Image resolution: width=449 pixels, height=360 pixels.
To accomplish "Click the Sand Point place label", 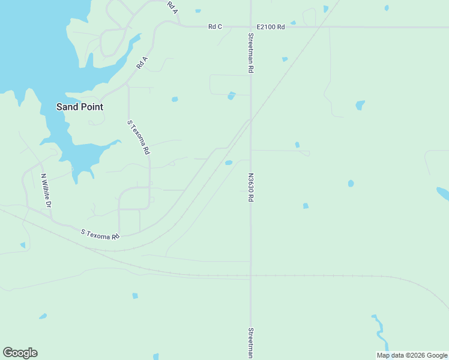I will (79, 107).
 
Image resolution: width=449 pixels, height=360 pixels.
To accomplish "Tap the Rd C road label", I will (215, 26).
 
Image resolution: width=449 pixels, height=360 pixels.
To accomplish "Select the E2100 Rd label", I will (270, 26).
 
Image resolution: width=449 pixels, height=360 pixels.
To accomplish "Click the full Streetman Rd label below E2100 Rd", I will (250, 53).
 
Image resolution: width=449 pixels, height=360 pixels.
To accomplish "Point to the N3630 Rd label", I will (250, 188).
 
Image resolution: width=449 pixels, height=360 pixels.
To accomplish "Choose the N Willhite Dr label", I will (46, 191).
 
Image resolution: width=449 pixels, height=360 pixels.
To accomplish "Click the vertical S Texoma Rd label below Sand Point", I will (138, 137).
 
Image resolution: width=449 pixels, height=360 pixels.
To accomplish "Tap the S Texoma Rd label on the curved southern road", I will (100, 234).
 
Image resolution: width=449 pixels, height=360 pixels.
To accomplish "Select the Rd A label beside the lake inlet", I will (142, 62).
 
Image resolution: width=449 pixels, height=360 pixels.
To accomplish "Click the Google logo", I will (20, 353).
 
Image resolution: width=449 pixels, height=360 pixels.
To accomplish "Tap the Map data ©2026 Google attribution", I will (412, 355).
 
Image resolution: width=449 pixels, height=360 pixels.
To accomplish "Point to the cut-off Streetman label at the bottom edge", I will (250, 343).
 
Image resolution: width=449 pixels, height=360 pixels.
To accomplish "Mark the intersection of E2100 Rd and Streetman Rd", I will (250, 26).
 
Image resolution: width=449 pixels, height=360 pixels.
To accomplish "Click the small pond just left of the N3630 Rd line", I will (228, 163).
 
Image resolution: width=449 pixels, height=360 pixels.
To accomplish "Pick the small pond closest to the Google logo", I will (43, 316).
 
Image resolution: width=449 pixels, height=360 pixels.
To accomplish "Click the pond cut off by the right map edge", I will (443, 193).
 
